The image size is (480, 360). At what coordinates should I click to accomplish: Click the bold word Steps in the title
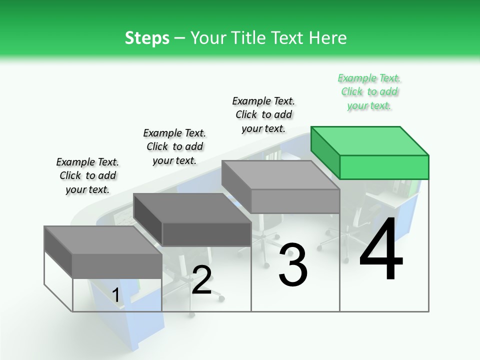coord(147,38)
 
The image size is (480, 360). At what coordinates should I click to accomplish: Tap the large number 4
coord(381,250)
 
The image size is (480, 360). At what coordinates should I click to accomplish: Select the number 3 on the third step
coord(293,265)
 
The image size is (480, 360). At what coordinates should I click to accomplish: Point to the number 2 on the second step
coord(202,280)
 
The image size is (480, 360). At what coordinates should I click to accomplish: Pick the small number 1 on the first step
coord(116,295)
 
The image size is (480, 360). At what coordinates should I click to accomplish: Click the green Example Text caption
coord(369,91)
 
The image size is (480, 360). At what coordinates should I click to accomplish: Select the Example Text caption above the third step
coord(263,114)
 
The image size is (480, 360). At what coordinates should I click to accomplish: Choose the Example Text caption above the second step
coord(174,146)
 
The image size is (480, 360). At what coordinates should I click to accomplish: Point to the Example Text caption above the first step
coord(87,175)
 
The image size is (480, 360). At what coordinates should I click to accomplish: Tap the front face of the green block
coord(384,167)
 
